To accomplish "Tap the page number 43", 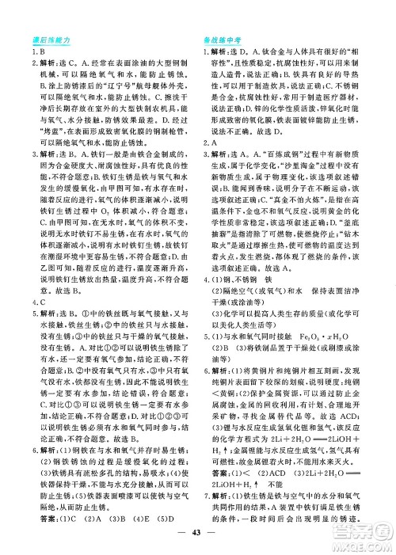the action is (197, 537).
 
